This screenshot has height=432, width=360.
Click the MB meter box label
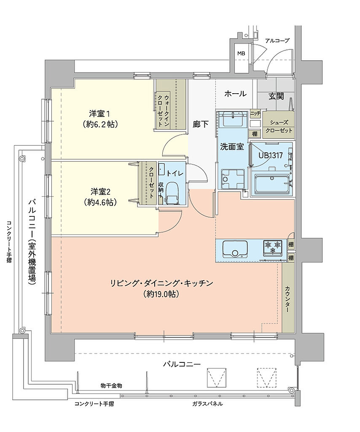[x=241, y=54]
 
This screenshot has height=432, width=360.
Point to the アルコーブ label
[x=277, y=40]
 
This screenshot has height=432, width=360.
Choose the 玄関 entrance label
[x=276, y=96]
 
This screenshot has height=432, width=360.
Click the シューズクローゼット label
[x=278, y=126]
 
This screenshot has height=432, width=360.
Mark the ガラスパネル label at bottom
[x=207, y=404]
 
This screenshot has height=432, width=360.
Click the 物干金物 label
[x=111, y=386]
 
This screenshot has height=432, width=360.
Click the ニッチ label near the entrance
[x=255, y=113]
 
